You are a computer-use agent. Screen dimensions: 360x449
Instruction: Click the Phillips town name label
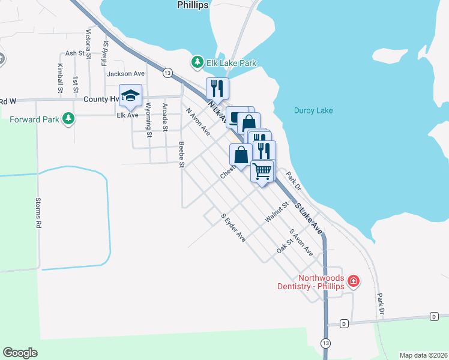pos(193,5)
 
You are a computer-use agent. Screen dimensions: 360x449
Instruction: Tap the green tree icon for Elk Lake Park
pos(196,62)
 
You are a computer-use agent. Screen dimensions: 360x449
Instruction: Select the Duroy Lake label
pos(313,110)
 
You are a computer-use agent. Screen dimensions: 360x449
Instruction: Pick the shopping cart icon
pos(262,171)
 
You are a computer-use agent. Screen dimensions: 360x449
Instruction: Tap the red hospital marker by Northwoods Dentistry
pos(354,281)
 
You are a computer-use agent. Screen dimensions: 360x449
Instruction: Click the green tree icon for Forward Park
pos(69,119)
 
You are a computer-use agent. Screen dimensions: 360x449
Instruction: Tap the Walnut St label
pos(273,213)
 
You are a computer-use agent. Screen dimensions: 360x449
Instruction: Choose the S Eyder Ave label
pos(233,228)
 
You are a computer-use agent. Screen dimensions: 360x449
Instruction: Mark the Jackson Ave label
pos(125,74)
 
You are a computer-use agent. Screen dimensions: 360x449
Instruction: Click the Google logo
pos(20,352)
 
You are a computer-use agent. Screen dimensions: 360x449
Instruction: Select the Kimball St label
pos(60,78)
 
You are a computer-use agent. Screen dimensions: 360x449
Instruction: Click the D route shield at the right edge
pos(434,316)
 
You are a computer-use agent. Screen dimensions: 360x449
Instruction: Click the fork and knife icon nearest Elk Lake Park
pos(217,88)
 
